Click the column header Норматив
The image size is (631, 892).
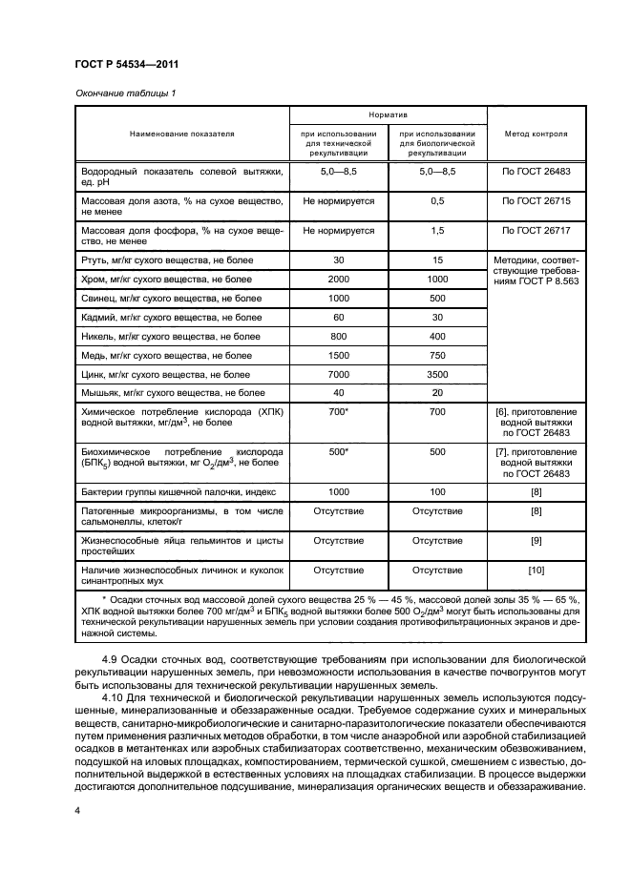pyautogui.click(x=389, y=114)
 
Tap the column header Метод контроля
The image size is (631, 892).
pyautogui.click(x=536, y=135)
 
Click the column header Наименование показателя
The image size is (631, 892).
pyautogui.click(x=181, y=135)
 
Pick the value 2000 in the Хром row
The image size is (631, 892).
pyautogui.click(x=339, y=279)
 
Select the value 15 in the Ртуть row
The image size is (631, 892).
pyautogui.click(x=438, y=260)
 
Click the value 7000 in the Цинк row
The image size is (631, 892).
pyautogui.click(x=339, y=374)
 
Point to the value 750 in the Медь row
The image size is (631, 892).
pyautogui.click(x=438, y=355)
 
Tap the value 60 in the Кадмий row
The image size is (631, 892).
pyautogui.click(x=339, y=317)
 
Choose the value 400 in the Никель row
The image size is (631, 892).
pyautogui.click(x=438, y=336)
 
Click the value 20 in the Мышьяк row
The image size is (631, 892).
pyautogui.click(x=438, y=392)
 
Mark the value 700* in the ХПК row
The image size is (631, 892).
pyautogui.click(x=339, y=411)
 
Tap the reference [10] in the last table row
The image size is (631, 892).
pyautogui.click(x=536, y=570)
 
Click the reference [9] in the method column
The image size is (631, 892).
pyautogui.click(x=536, y=541)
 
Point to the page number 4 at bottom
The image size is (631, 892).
pyautogui.click(x=76, y=811)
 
